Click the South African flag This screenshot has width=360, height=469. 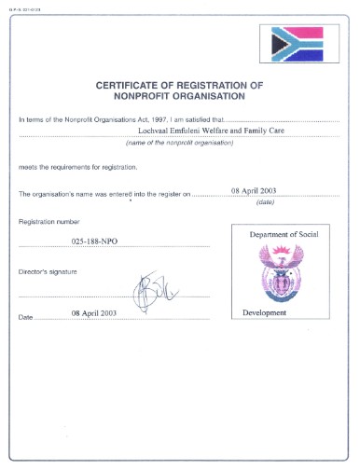click(x=297, y=42)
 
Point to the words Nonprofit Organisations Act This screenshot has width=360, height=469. click(x=84, y=120)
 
